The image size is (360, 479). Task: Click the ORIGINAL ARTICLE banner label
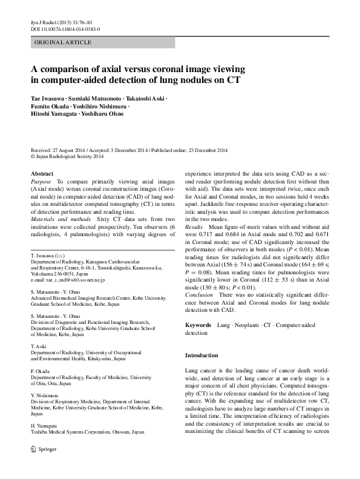click(63, 42)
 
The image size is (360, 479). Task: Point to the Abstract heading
click(42, 174)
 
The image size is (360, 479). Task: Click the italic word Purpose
click(42, 182)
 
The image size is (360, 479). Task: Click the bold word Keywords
click(198, 325)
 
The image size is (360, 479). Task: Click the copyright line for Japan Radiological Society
click(67, 157)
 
